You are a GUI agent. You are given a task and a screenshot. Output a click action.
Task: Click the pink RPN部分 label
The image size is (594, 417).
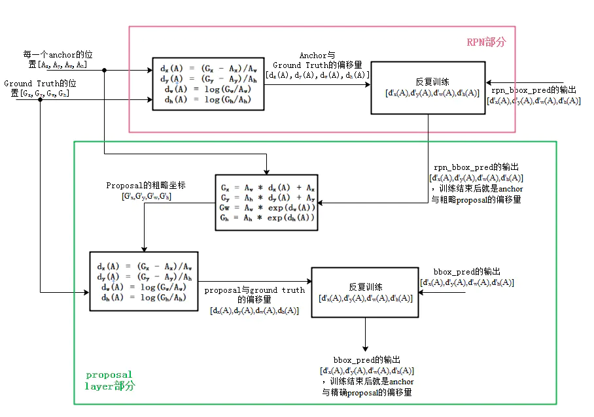tap(486, 42)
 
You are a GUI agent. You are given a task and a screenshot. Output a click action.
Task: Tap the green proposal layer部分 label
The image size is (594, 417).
tap(110, 380)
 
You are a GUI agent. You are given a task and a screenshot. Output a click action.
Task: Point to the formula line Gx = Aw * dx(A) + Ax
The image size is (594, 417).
tap(268, 187)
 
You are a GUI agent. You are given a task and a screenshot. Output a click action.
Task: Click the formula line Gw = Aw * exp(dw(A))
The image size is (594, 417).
tap(268, 208)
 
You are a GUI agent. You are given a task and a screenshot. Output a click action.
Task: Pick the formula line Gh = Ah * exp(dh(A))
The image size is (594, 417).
tap(268, 218)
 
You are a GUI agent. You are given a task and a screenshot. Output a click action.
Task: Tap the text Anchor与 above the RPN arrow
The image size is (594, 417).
tap(317, 56)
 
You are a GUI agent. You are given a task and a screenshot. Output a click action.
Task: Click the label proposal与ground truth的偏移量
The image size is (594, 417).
tap(254, 294)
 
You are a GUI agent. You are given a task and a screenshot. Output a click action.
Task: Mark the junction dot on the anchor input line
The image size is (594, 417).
tap(105, 70)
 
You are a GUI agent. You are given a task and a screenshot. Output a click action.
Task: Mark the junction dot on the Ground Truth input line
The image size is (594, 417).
tap(41, 100)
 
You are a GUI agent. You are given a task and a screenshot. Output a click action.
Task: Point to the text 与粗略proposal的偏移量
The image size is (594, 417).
tap(476, 199)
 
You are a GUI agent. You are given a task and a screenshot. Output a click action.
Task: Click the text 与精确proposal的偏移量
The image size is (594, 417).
tap(366, 392)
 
